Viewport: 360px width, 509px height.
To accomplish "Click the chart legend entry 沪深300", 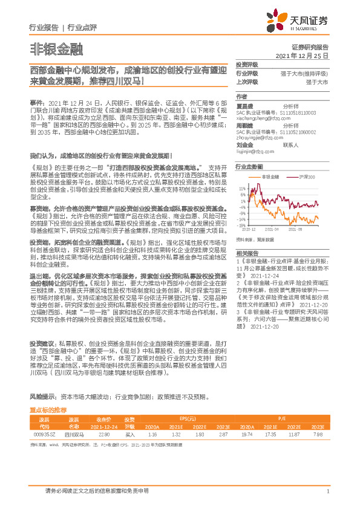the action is [307, 177].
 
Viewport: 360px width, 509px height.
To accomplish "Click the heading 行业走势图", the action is [249, 166].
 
